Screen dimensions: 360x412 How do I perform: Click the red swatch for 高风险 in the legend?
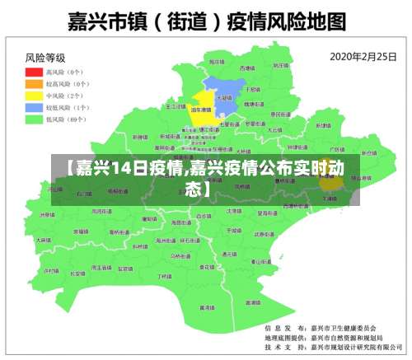[35, 72]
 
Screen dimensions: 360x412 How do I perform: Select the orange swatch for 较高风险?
[35, 84]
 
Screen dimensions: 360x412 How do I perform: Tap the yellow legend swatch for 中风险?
[35, 96]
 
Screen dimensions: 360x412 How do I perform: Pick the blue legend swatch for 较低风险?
[35, 107]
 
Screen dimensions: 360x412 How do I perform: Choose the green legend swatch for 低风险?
[35, 119]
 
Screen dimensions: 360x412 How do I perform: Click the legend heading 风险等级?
[45, 58]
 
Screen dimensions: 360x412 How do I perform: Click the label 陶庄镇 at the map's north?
[216, 62]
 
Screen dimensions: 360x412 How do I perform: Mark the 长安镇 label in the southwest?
[77, 273]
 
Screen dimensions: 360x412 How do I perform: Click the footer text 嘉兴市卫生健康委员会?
[344, 327]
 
